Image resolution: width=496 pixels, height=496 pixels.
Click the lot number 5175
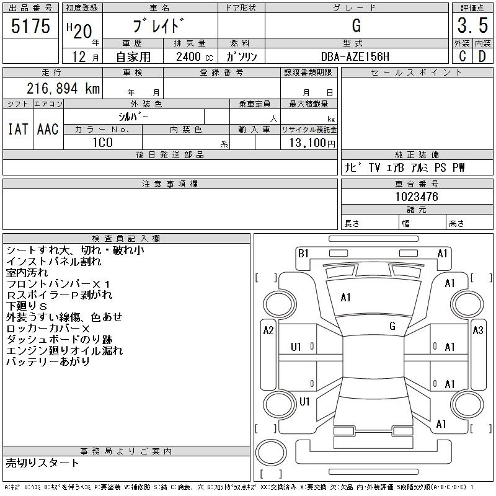[30, 25]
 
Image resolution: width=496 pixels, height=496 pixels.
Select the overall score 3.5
[472, 25]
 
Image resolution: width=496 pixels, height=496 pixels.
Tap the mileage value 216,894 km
[63, 88]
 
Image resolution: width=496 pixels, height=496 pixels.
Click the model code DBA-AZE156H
[355, 56]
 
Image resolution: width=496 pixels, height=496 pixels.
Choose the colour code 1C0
[103, 143]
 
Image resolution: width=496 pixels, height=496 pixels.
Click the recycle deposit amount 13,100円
[312, 143]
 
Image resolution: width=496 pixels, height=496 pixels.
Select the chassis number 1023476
[417, 197]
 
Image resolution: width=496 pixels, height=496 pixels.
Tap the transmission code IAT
[18, 130]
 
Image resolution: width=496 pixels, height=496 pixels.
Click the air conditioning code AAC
[48, 130]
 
